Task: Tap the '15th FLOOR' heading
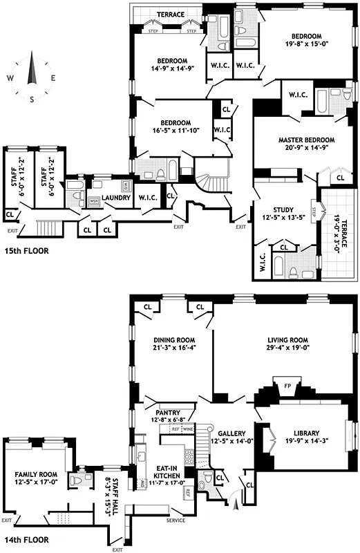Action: (26, 252)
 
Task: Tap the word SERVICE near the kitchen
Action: (176, 521)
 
